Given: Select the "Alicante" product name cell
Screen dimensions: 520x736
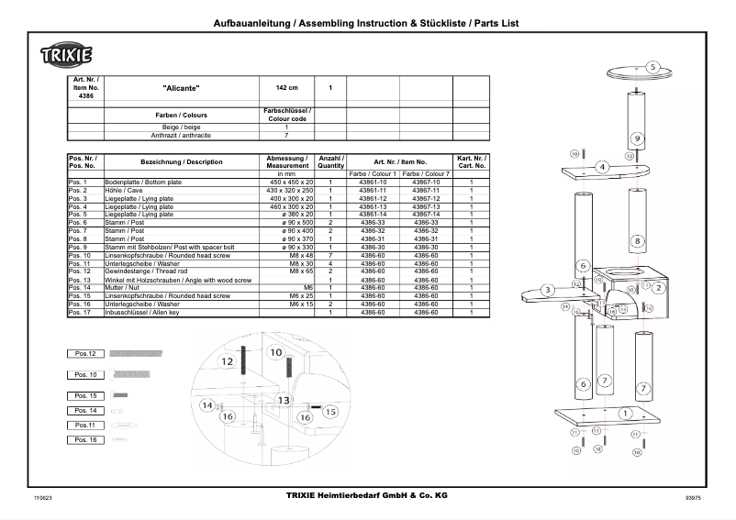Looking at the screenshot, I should coord(181,89).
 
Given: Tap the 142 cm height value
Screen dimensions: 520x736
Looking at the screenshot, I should coord(287,89).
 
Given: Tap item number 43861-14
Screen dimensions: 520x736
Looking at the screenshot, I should coord(372,214).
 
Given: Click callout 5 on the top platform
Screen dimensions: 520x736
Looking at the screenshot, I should coord(652,67).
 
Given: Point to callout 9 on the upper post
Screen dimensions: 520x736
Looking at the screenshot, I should coord(636,138).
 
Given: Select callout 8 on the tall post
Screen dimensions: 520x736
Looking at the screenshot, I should coord(636,241).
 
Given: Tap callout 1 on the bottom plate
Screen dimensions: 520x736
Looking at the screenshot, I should coord(625,414).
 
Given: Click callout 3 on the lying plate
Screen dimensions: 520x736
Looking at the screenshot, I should coord(547,290).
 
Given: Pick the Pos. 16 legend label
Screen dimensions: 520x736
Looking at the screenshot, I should coord(85,440).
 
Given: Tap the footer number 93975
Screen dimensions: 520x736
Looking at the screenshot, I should coord(693,497).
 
